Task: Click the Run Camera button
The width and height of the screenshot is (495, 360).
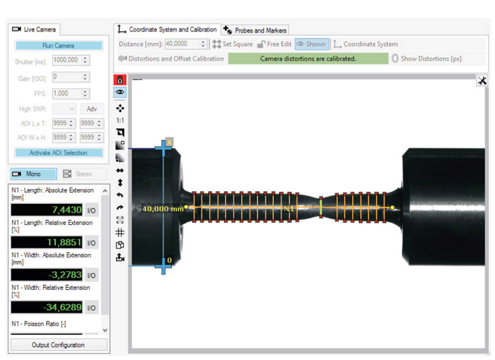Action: click(x=59, y=46)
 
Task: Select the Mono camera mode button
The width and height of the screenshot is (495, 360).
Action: click(x=33, y=174)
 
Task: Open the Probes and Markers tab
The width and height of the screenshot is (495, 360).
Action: click(x=255, y=30)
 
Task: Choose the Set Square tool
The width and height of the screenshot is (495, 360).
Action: click(x=233, y=44)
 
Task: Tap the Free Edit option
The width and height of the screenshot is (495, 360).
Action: click(x=275, y=44)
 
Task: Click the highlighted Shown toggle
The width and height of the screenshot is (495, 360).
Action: click(x=311, y=44)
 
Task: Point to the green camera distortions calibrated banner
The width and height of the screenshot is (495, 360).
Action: click(x=308, y=59)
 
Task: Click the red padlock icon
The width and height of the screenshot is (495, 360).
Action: click(x=120, y=80)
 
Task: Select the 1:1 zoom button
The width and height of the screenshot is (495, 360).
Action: click(x=120, y=121)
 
